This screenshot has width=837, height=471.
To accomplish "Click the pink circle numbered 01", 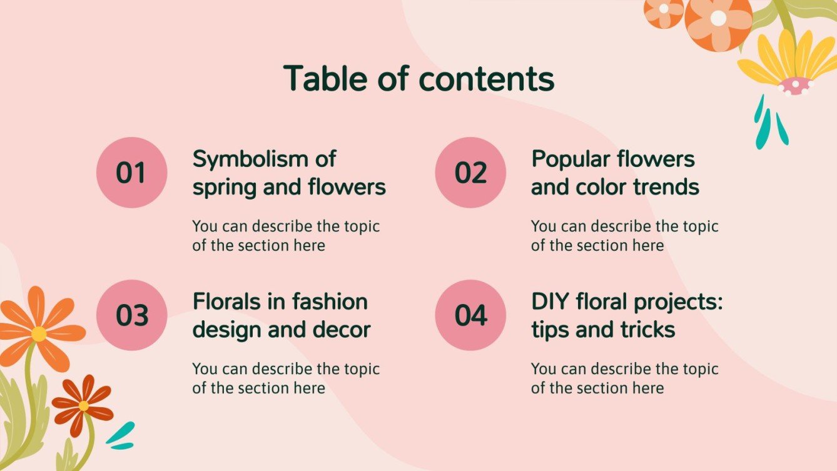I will [x=131, y=173].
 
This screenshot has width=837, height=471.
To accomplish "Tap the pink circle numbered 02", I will [x=470, y=173].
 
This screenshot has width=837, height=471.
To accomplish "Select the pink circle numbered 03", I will [x=131, y=315].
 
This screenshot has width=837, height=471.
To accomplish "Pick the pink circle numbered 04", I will [x=470, y=315].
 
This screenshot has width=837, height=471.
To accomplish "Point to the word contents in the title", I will [x=486, y=79].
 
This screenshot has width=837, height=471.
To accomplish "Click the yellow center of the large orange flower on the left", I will [x=39, y=334].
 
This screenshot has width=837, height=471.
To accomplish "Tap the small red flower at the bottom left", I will [x=83, y=405].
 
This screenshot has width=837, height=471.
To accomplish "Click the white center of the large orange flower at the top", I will [x=718, y=18].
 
